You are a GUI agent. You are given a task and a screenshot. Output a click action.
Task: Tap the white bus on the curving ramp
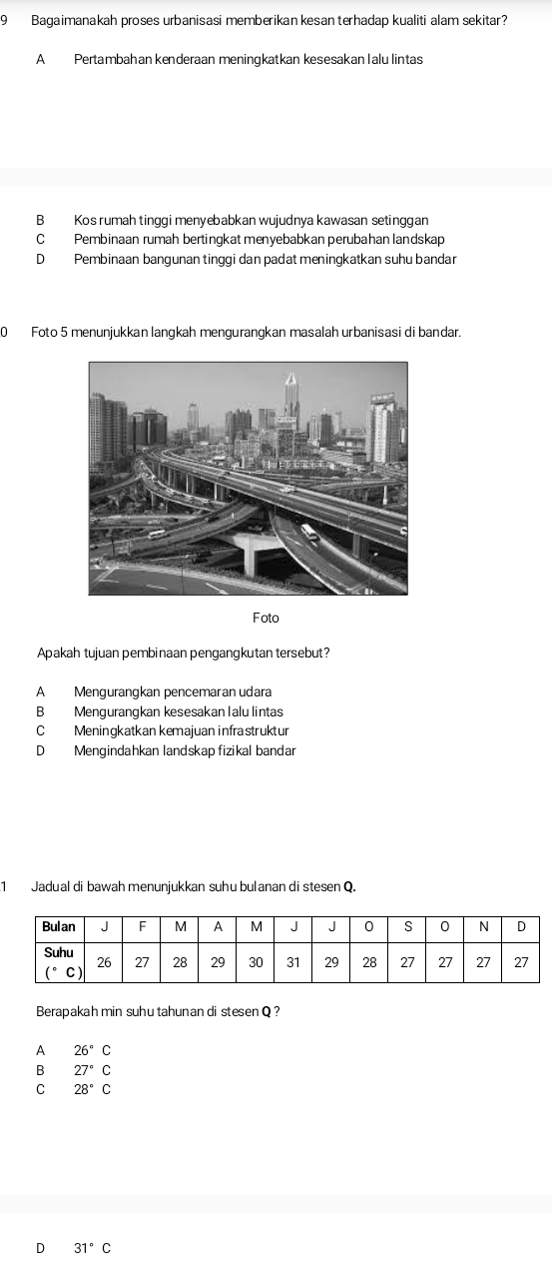[x=309, y=533]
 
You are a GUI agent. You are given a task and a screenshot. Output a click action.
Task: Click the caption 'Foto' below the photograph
[x=267, y=619]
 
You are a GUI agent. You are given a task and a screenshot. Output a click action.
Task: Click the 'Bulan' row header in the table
[x=59, y=926]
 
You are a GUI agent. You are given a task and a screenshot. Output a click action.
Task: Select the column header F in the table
[x=142, y=926]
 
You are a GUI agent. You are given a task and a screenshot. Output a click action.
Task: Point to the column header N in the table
[x=483, y=926]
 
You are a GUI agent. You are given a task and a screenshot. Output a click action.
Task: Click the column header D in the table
[x=521, y=926]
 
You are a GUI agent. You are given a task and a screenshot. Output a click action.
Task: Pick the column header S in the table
[x=407, y=926]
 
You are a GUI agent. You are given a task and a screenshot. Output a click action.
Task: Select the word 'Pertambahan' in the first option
[x=109, y=60]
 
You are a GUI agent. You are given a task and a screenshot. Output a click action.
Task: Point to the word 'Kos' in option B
[x=84, y=219]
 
